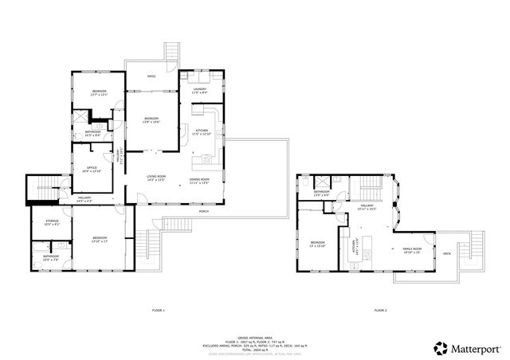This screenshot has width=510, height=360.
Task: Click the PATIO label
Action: [x=151, y=76]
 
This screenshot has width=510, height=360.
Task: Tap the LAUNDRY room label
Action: [x=199, y=89]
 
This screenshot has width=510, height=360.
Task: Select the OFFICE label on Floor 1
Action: [x=92, y=167]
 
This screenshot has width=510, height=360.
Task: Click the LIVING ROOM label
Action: [x=155, y=176]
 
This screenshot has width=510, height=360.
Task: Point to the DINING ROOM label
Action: [x=199, y=179]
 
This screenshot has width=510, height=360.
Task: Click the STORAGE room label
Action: [x=50, y=223]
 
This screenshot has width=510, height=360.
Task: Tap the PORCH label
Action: [x=204, y=212]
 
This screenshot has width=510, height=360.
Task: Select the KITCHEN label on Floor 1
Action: [x=201, y=130]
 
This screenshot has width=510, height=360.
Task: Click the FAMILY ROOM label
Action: [x=411, y=248]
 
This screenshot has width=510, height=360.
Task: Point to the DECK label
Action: [x=447, y=254]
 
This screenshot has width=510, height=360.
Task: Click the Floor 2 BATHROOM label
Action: [x=322, y=192]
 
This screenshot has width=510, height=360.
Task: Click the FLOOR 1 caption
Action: [x=158, y=310]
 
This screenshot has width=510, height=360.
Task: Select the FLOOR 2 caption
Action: [x=379, y=310]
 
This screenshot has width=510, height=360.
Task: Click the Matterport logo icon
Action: [x=440, y=346]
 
